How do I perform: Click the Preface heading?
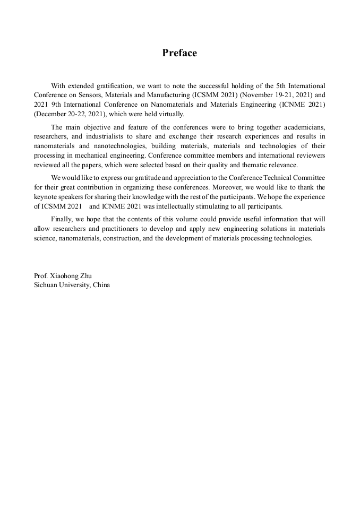coord(179,53)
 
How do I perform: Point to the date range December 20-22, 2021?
coord(70,114)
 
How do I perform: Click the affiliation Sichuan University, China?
coord(72,285)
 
